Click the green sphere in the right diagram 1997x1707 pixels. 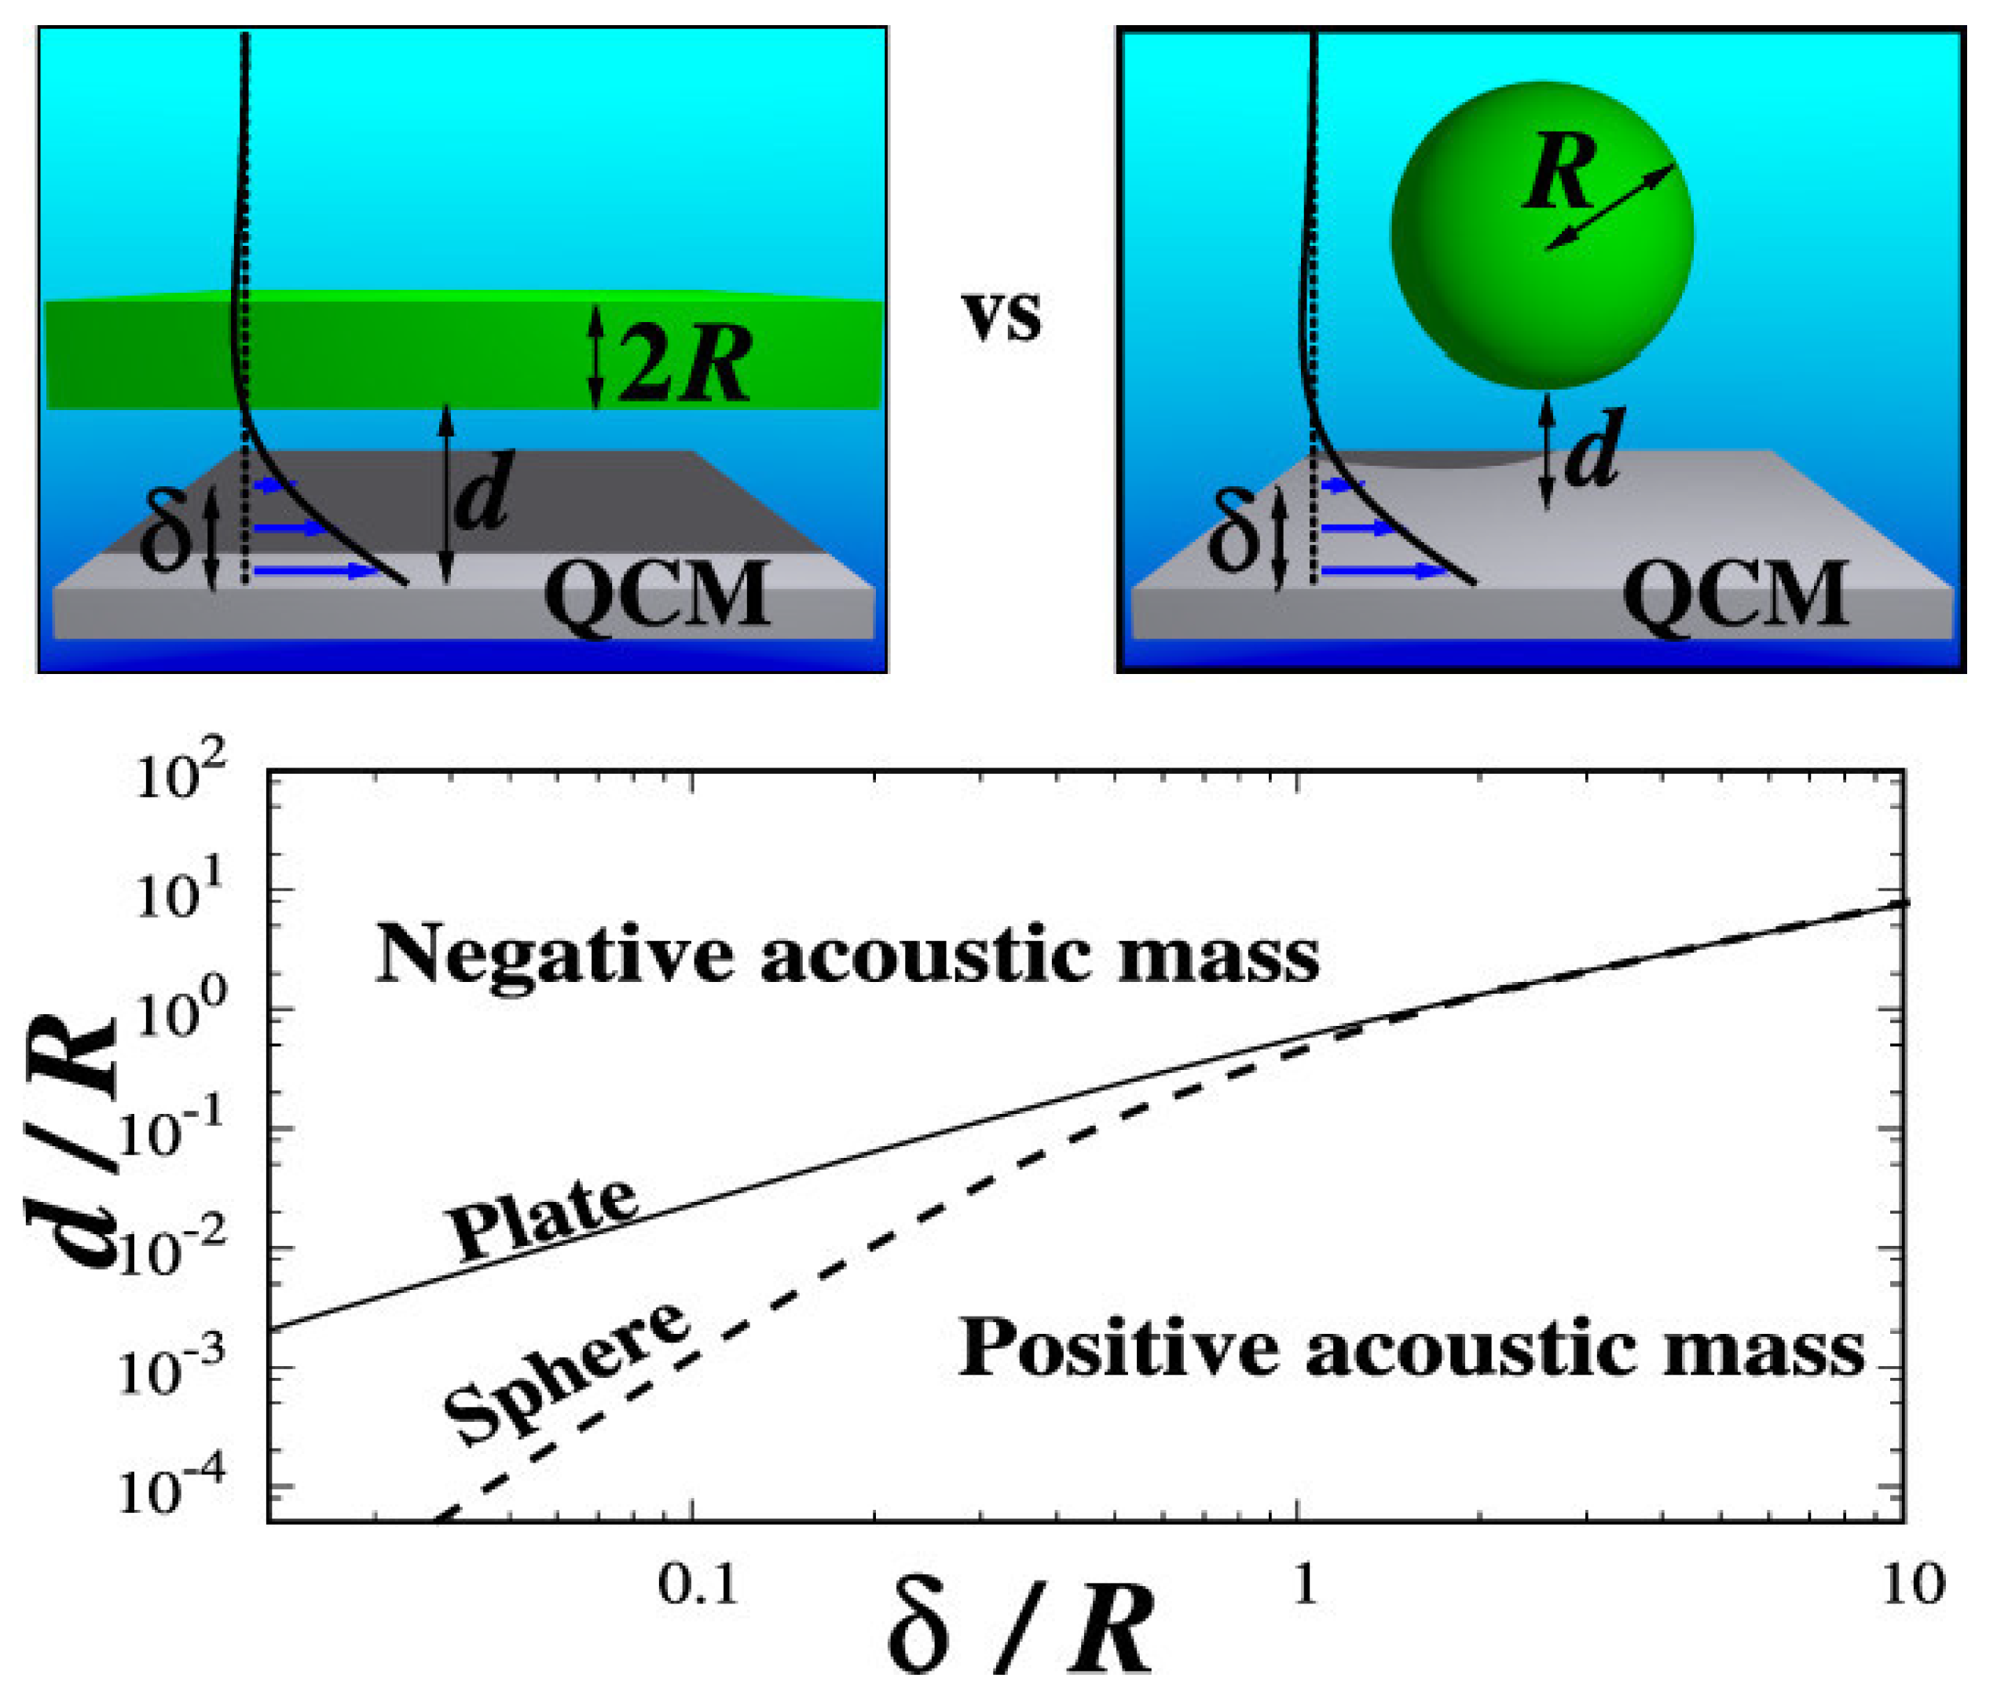click(1542, 289)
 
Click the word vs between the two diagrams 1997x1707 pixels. click(1003, 316)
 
